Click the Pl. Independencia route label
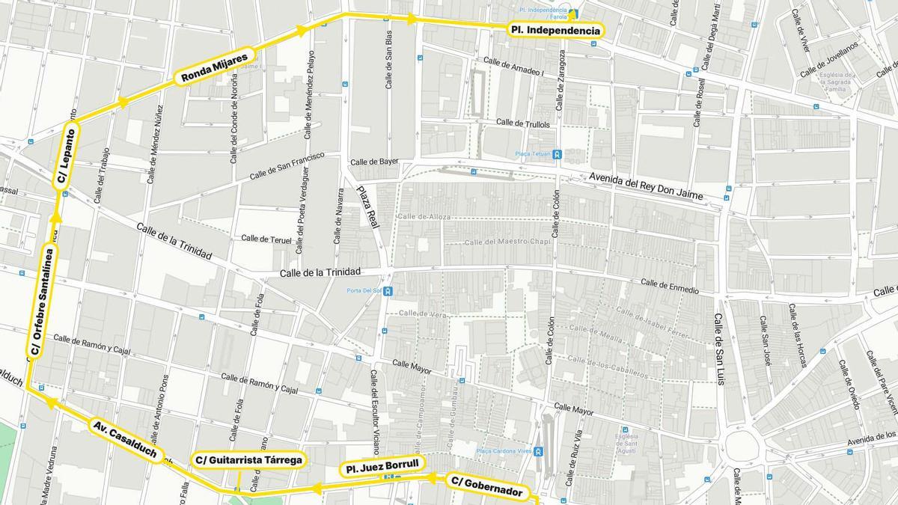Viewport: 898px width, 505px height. click(555, 31)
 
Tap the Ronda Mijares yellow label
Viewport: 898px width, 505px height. click(214, 67)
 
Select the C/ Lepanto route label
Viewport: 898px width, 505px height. click(66, 156)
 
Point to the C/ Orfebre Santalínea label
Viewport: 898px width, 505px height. click(41, 301)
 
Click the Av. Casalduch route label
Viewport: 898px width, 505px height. click(124, 439)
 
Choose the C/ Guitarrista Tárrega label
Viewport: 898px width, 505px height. click(249, 459)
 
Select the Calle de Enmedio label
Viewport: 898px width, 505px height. click(670, 286)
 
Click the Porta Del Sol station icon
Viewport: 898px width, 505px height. click(388, 292)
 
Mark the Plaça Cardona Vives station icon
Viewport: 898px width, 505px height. click(538, 451)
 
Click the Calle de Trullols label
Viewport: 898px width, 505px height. click(522, 123)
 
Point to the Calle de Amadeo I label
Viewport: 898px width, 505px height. click(513, 66)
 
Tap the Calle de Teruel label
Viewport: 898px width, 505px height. click(266, 239)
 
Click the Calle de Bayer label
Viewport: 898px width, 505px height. click(374, 162)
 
